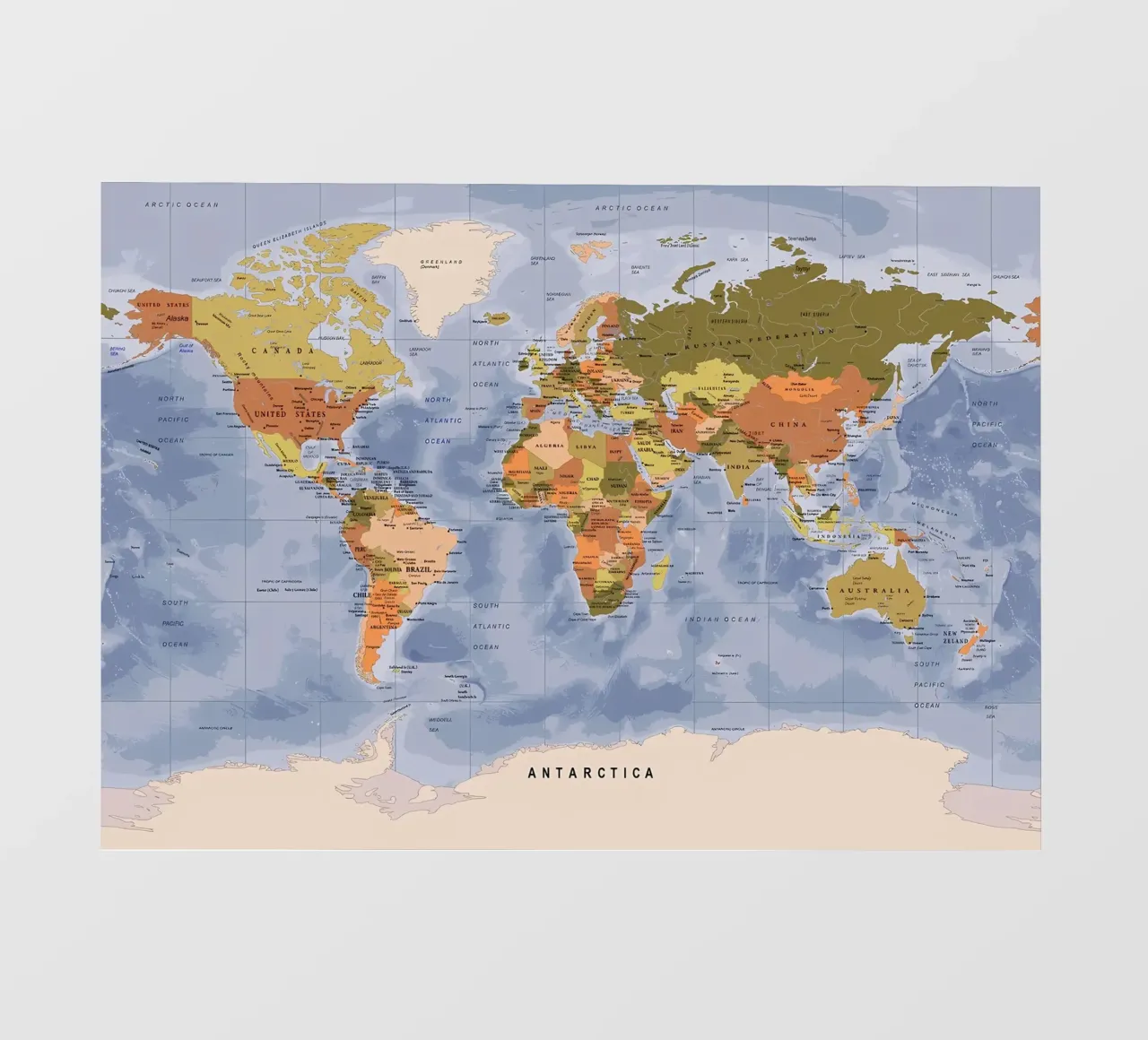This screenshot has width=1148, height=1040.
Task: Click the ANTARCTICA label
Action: coord(591,772)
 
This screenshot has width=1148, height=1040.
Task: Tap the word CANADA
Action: coord(283,351)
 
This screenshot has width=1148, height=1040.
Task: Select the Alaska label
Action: coord(178,317)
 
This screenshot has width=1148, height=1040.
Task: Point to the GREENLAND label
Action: coord(441,262)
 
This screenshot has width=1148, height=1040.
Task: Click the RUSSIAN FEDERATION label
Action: coord(759,337)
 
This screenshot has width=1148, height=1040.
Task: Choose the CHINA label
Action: coord(787,424)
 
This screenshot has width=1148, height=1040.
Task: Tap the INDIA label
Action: coord(737,467)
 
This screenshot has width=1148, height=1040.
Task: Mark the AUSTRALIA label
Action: coord(874,591)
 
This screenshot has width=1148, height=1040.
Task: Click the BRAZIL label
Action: coord(419,569)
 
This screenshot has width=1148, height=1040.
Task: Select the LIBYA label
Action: coord(585,446)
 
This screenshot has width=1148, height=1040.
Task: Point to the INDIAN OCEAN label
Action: coord(722,620)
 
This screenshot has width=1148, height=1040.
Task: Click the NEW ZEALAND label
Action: coord(955,637)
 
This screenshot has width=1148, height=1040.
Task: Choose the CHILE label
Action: coord(361,594)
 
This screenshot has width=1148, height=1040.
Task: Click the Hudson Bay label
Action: coord(332,338)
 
